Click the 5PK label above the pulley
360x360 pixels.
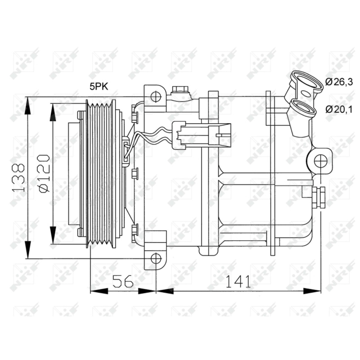click(x=99, y=87)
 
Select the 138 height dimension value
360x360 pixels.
click(x=18, y=177)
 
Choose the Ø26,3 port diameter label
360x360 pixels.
click(x=339, y=82)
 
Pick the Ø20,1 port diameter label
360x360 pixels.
click(x=339, y=109)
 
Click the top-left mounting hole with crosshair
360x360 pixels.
click(x=156, y=97)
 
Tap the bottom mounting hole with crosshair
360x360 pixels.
click(x=156, y=258)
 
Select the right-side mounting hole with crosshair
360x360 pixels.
click(x=320, y=161)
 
